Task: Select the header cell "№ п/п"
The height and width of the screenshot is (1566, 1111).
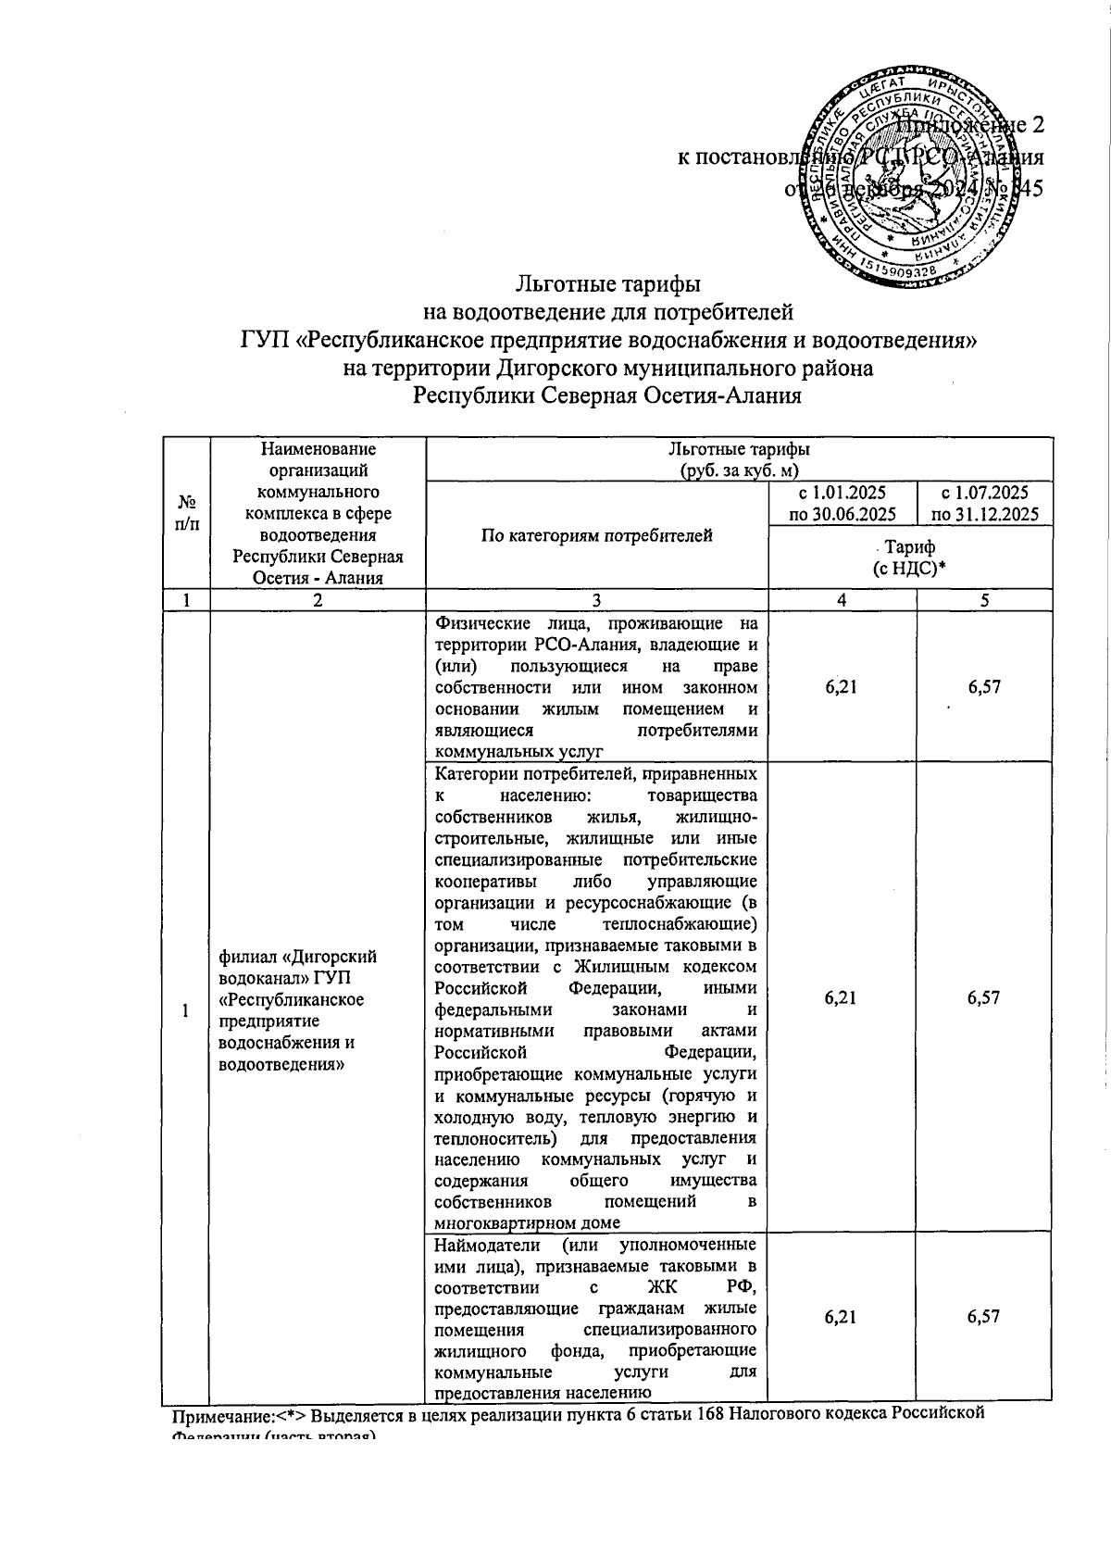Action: point(186,512)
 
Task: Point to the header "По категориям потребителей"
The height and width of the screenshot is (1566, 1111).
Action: point(597,535)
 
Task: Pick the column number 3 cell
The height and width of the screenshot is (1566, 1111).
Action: point(597,600)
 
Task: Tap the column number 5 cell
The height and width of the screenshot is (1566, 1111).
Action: point(984,600)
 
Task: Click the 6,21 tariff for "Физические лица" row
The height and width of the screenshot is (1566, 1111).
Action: point(841,687)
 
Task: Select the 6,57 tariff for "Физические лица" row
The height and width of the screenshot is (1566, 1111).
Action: point(984,687)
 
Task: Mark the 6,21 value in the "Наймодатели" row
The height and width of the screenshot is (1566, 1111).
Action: point(841,1316)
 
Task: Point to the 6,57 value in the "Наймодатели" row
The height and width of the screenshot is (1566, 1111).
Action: point(984,1316)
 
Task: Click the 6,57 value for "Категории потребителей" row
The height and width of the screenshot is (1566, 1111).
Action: point(984,997)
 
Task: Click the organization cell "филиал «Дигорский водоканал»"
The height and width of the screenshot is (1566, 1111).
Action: point(296,1009)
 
